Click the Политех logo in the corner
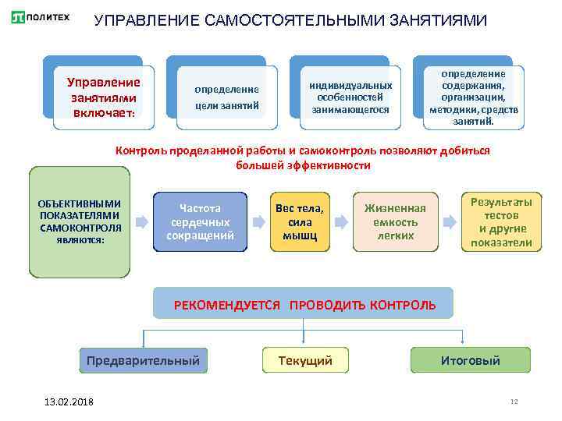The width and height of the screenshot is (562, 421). click(x=41, y=17)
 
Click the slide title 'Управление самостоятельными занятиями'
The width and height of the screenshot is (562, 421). click(x=290, y=20)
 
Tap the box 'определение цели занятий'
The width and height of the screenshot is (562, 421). click(x=226, y=97)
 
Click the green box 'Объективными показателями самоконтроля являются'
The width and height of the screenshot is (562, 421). click(x=79, y=221)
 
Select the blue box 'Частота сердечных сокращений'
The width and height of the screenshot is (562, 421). click(x=200, y=221)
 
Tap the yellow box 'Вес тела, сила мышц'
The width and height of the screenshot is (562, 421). click(x=300, y=221)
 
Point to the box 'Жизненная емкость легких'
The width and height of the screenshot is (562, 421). click(x=395, y=221)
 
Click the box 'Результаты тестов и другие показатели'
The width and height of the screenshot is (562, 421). click(x=501, y=222)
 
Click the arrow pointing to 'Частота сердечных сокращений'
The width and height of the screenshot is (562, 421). click(x=142, y=222)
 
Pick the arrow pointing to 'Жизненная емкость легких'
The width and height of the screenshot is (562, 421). click(x=340, y=222)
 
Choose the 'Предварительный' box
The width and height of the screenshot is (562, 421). click(x=143, y=360)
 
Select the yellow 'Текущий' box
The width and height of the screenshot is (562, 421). click(x=305, y=360)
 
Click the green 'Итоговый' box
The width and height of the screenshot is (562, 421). click(x=470, y=360)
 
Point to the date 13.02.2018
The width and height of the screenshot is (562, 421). click(x=69, y=401)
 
